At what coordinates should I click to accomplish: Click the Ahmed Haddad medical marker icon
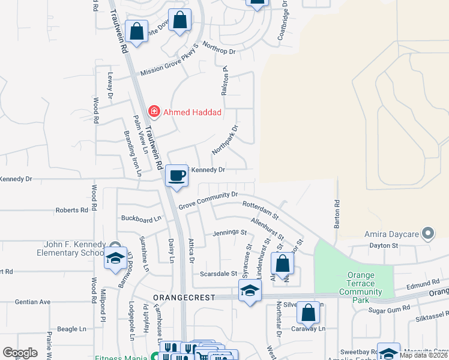pos(154,112)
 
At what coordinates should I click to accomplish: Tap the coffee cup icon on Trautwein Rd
pos(176,176)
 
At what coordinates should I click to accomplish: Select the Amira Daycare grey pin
pos(428,233)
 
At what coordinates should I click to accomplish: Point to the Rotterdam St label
pos(261,209)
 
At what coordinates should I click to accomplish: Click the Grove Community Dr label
pos(208,199)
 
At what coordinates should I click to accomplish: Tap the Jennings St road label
pos(230,232)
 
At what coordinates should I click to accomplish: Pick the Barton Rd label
pos(337,214)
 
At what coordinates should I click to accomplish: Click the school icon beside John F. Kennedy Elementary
pos(113,258)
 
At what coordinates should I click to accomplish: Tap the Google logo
pos(20,353)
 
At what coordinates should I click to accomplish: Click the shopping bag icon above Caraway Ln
pos(309,313)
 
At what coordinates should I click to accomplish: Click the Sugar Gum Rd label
pos(389,307)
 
